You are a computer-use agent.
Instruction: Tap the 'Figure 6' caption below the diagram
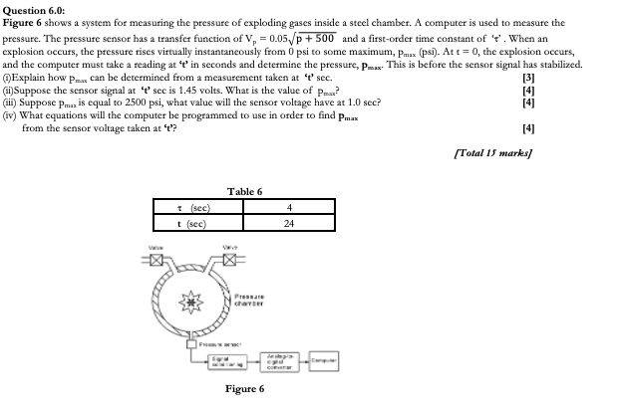(x=244, y=389)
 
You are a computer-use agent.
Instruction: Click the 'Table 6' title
(x=244, y=191)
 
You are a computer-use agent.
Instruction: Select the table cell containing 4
(x=289, y=208)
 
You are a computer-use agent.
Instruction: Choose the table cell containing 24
(x=289, y=223)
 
